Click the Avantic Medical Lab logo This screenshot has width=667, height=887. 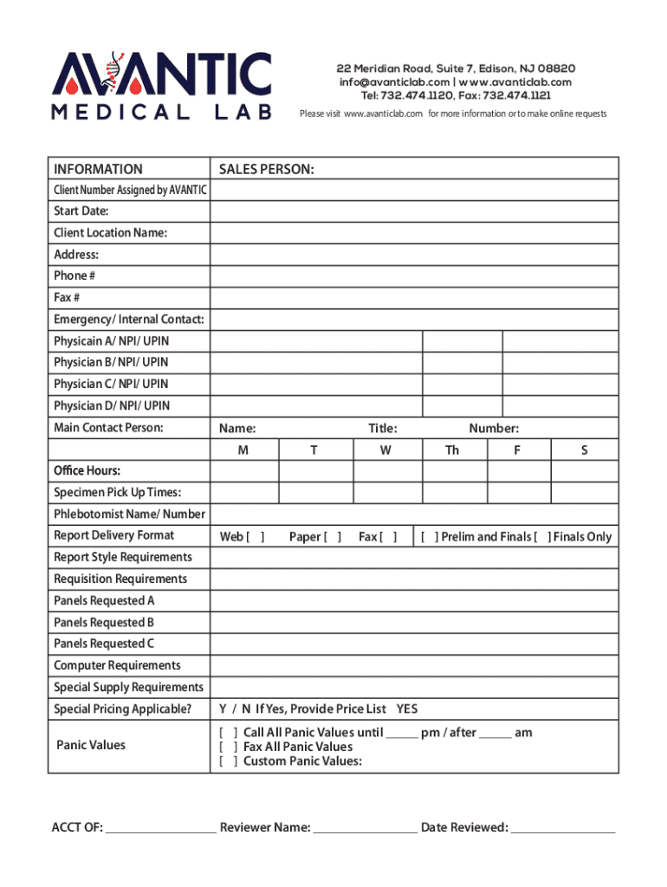coord(162,86)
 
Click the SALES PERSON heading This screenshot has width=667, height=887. coord(266,169)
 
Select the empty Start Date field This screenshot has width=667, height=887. coord(413,211)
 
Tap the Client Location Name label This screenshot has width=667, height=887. coord(110,233)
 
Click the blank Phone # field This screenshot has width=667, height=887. coord(413,276)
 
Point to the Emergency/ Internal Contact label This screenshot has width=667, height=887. coord(128,320)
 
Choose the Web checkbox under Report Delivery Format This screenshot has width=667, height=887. coord(256,537)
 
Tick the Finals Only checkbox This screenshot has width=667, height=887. coord(542,537)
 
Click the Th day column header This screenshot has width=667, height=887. coord(452,450)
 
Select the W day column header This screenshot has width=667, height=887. coord(385,450)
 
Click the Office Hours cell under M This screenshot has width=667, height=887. coord(243,471)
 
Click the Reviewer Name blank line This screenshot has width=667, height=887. coord(364,829)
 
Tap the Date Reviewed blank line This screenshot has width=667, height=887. coord(563,829)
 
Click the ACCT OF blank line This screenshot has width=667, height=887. coord(160,829)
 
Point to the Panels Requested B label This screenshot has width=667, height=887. coord(104,623)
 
